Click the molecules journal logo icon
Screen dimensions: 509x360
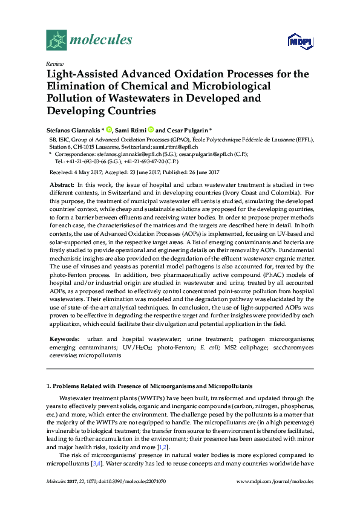tap(57, 40)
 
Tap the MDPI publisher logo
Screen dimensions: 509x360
tap(300, 41)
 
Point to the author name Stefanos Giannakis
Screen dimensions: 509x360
tap(71, 129)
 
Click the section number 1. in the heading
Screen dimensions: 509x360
tap(49, 385)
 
